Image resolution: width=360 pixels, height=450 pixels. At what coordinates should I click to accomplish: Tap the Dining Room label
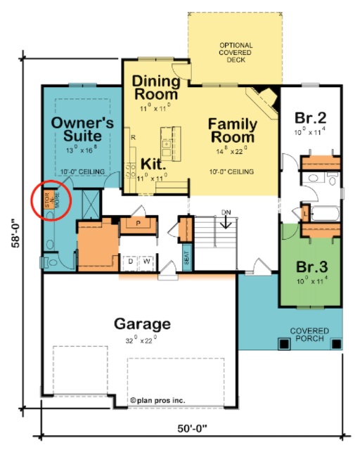coord(156,88)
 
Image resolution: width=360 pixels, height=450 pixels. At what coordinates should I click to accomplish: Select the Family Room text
coord(233,131)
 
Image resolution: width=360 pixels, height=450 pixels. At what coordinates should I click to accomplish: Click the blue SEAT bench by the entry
coord(186,258)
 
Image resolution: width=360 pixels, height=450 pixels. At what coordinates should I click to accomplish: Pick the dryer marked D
coord(130,261)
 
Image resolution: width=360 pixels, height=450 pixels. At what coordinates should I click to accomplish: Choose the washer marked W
coord(147,261)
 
